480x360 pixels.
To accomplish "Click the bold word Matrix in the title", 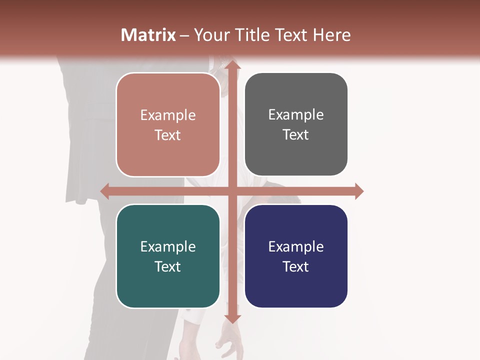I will pos(148,35).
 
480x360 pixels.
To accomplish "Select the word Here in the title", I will pos(331,35).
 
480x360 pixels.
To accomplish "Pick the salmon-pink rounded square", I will pos(168,124).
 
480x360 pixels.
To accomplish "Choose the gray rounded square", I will pos(296,124).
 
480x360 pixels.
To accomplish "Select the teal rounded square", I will pos(168,256).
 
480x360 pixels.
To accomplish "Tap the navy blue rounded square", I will pos(296,256).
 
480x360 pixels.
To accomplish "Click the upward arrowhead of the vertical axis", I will pos(232,65).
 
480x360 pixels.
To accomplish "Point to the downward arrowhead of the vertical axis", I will pos(232,318).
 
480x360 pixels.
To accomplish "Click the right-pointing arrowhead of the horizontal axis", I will pos(359,191).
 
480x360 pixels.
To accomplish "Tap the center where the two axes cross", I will pos(232,191).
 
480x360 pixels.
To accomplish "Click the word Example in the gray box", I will pos(296,115).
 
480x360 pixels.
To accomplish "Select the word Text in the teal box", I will pos(168,266).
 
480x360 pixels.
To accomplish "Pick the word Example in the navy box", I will pos(296,246).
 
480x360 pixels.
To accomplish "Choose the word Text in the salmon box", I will pos(168,135).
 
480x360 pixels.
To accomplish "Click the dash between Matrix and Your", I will pos(184,35).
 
